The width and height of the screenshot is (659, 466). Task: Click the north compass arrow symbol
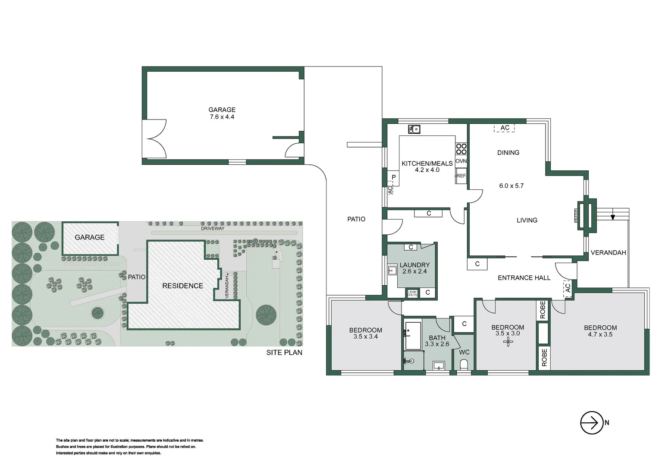[592, 423]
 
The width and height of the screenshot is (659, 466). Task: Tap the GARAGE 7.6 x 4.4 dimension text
[222, 117]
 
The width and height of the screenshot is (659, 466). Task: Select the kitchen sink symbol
[414, 129]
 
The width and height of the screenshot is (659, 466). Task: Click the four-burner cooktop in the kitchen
[461, 149]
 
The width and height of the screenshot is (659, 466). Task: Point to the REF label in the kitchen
[461, 176]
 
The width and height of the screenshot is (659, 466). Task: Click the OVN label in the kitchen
[461, 161]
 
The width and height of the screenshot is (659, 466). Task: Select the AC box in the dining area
[505, 128]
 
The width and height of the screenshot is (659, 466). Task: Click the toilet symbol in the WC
[464, 365]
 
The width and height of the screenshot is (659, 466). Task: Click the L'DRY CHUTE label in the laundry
[412, 293]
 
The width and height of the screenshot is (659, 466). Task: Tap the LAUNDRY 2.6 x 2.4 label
[414, 268]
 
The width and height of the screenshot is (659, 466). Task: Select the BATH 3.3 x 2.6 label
[437, 341]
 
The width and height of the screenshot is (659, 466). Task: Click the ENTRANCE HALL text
[524, 278]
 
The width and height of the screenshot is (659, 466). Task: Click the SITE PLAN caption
[284, 353]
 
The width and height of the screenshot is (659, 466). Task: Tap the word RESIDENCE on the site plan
[182, 286]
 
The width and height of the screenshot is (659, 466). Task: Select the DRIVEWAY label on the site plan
[213, 228]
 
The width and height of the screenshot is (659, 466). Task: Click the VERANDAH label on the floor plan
[608, 252]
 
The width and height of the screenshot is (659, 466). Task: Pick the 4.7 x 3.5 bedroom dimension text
[599, 334]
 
